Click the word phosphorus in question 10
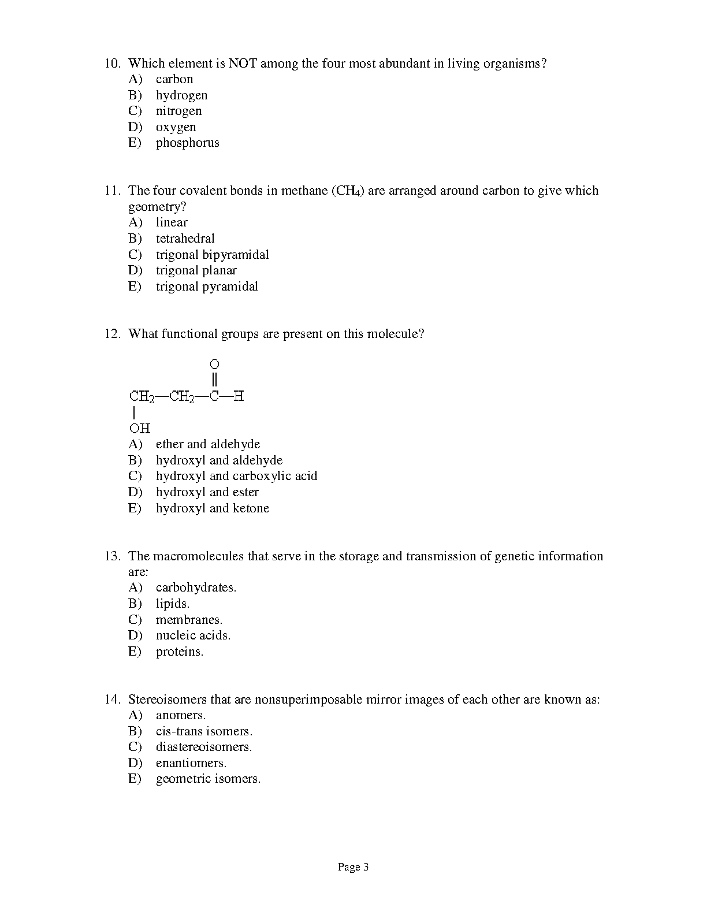point(187,143)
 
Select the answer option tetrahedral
point(185,239)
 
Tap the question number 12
point(112,334)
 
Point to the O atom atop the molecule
point(214,364)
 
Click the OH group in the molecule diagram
point(140,428)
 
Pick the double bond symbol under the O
point(214,380)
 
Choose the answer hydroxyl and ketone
point(212,508)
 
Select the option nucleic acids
point(193,635)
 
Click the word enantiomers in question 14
point(191,763)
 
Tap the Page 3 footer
point(353,867)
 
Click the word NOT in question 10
point(243,64)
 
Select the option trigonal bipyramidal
point(212,255)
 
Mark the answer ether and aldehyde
point(208,444)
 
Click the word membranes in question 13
point(189,620)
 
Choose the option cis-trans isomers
point(204,731)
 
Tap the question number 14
point(112,700)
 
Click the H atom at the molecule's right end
point(239,396)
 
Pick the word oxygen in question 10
point(176,127)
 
